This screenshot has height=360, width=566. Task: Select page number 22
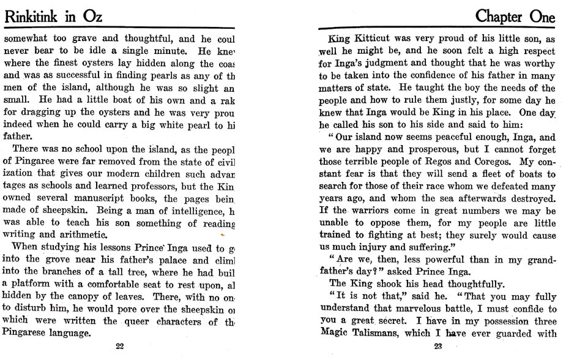point(120,347)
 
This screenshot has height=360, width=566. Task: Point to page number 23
point(438,347)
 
